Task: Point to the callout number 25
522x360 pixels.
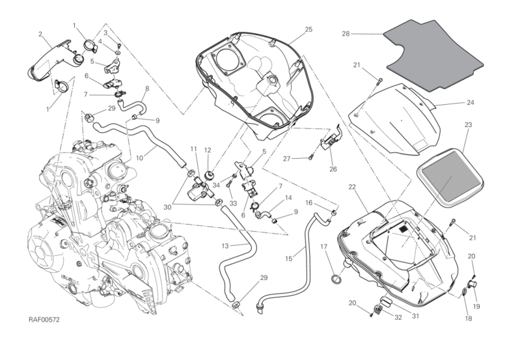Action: tap(309, 29)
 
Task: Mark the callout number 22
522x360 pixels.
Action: tap(351, 187)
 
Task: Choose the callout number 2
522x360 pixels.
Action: tap(40, 34)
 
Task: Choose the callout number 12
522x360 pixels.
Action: tap(208, 150)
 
